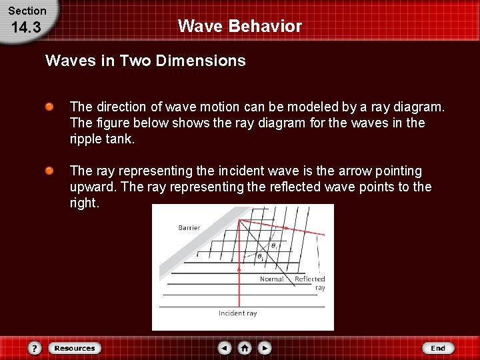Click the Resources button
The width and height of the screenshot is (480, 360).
[74, 348]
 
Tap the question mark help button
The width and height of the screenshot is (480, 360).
[35, 348]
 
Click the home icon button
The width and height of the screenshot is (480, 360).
[245, 348]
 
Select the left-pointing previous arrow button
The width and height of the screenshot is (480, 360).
[225, 348]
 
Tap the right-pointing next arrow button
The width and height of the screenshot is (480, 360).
[265, 348]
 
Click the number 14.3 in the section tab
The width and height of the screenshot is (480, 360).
[26, 28]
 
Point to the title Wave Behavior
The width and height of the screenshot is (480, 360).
[239, 27]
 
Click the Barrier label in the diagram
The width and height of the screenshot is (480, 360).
[189, 228]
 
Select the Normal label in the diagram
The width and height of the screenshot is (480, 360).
[271, 279]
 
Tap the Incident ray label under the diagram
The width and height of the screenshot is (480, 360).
[237, 313]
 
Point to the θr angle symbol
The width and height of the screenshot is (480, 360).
[273, 245]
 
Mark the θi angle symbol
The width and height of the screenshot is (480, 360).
[260, 256]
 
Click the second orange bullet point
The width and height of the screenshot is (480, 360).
[49, 171]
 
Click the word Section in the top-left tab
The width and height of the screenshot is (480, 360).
[27, 11]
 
